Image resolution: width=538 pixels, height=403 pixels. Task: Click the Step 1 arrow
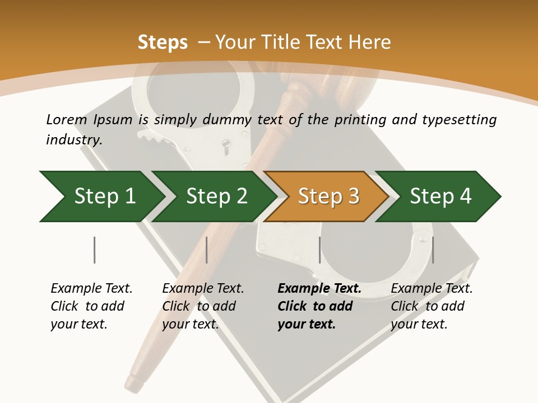[x=104, y=196]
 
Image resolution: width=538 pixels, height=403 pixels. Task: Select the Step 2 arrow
[x=216, y=196]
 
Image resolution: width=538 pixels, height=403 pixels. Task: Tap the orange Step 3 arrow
[x=328, y=196]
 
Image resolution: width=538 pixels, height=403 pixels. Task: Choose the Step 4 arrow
[x=440, y=196]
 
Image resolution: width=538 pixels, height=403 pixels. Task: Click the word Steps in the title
[x=163, y=43]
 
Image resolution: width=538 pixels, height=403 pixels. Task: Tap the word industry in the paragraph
[x=73, y=139]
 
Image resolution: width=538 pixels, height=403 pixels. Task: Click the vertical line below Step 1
[x=95, y=250]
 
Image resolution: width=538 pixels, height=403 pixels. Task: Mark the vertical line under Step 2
[x=207, y=250]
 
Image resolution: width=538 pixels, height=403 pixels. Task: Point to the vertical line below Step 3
[x=319, y=250]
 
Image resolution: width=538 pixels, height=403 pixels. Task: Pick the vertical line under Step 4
[x=432, y=250]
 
